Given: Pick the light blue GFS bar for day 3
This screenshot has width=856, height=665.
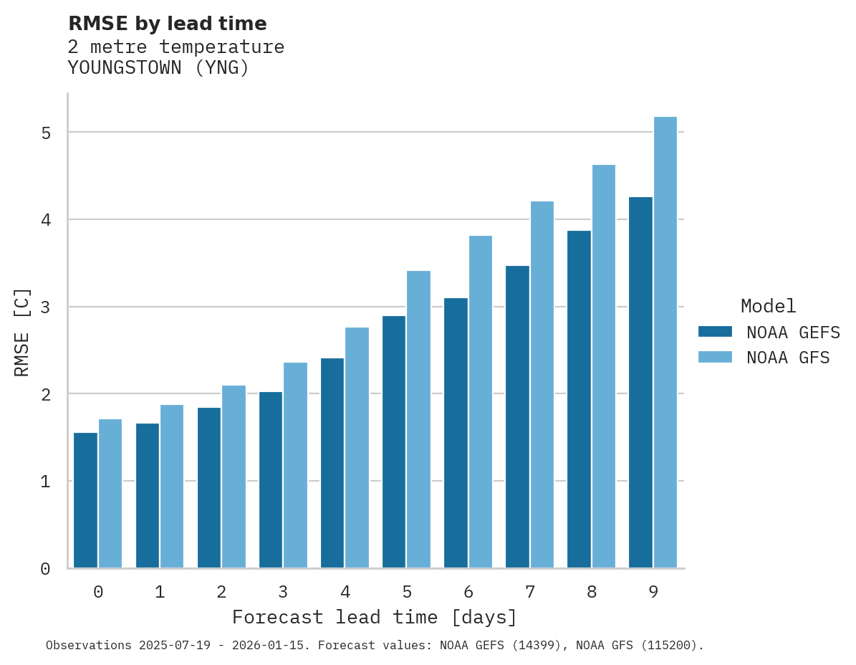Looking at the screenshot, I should [295, 465].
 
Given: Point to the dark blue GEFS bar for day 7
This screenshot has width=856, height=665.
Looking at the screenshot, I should [517, 417].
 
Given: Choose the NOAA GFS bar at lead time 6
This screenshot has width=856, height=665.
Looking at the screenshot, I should [480, 401].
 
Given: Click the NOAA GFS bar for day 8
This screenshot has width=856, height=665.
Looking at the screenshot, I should [604, 366].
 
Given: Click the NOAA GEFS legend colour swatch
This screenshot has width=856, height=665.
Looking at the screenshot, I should [715, 332].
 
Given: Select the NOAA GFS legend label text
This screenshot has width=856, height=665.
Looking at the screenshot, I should [788, 358].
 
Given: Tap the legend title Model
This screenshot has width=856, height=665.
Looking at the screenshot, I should [768, 306].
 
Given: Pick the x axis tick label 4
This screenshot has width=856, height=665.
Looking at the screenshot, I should [345, 592].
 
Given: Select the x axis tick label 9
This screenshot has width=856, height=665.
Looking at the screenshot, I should [653, 592].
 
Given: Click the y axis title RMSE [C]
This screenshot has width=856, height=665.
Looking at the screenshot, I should [22, 332].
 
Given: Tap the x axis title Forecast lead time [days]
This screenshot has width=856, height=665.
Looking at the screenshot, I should [374, 617].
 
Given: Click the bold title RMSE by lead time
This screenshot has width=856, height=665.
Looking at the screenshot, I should [167, 24].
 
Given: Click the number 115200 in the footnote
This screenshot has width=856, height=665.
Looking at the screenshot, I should [668, 646].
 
